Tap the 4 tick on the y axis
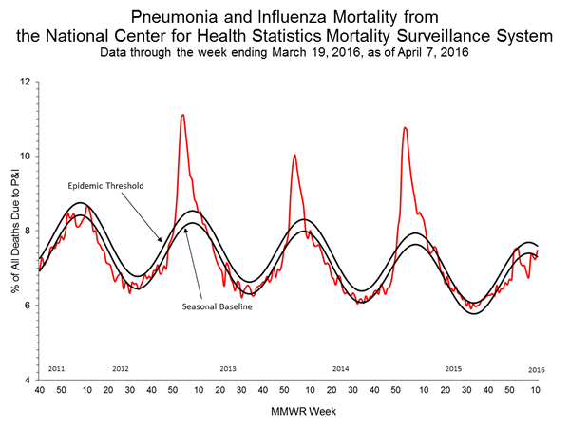[28, 379]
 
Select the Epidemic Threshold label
[105, 186]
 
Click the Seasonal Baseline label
[217, 306]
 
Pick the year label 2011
[56, 367]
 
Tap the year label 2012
[121, 367]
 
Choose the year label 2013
[228, 367]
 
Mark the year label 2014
[341, 367]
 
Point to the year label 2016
[537, 367]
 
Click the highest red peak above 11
[182, 115]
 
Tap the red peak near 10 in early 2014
[294, 155]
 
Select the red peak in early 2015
[406, 127]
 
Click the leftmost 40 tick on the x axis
[39, 390]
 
